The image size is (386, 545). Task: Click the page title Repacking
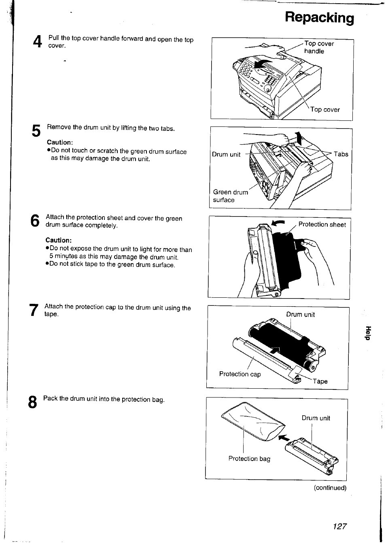pos(319,18)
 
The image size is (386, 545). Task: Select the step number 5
pos(36,131)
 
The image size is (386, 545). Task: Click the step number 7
pos(35,310)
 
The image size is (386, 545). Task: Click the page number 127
pos(340,526)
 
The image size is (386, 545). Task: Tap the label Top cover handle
pos(319,47)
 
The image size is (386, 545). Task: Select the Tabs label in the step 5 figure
pos(341,154)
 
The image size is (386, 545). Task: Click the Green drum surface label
pos(230,196)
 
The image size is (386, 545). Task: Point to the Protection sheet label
pos(322,225)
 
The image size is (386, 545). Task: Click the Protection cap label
pos(240,374)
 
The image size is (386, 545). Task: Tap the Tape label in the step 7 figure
pos(320,381)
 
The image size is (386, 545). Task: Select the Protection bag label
pos(249,459)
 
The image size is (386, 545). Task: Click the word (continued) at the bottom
pos(330,488)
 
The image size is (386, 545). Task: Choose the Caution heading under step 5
pos(60,142)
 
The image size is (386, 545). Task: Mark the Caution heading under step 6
pos(58,240)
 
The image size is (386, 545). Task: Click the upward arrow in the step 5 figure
pos(299,139)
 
